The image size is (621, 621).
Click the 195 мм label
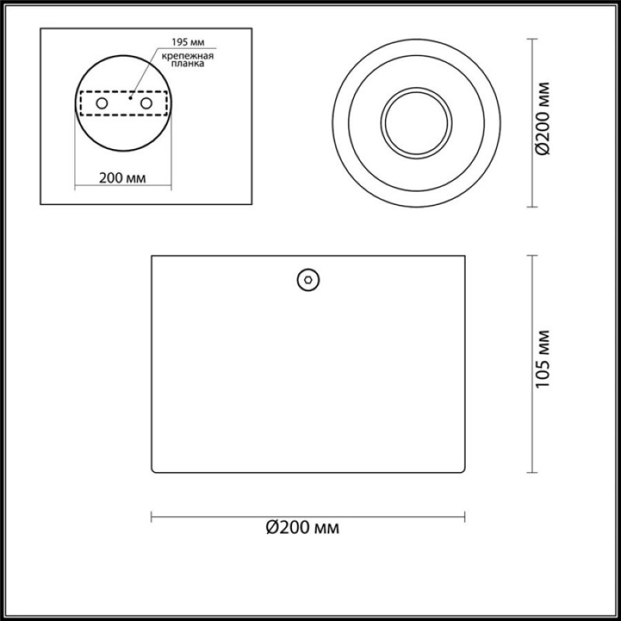188,42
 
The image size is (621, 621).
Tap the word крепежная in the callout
188,56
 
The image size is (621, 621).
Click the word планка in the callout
188,64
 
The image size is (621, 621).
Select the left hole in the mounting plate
102,103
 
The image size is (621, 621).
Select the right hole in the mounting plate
146,103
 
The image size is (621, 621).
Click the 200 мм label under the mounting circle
123,179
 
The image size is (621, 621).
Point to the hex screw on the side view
308,280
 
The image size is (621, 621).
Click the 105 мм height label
542,359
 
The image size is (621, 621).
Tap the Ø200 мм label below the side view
303,528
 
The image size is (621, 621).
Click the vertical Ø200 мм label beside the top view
542,119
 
